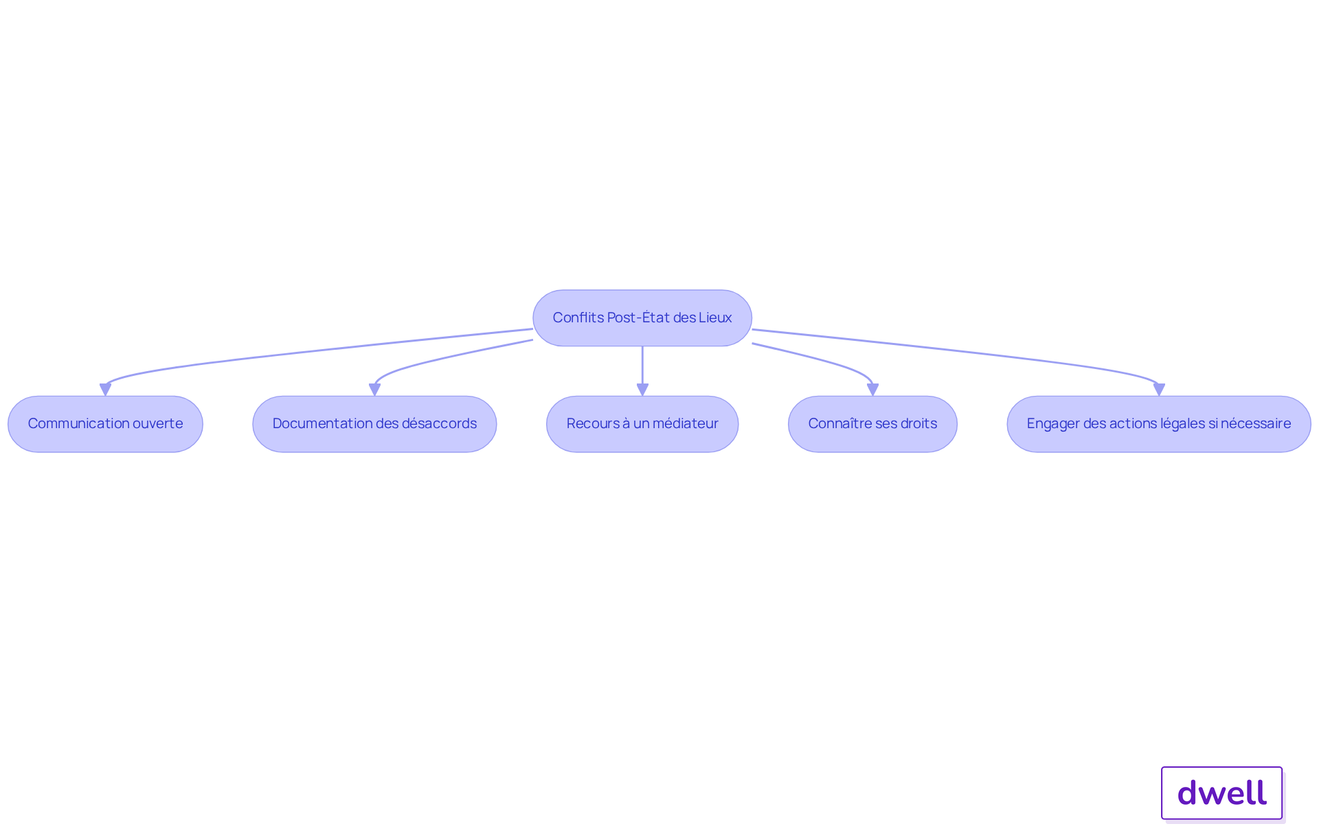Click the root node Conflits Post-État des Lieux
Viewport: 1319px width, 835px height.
642,318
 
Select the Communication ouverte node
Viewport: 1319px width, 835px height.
105,423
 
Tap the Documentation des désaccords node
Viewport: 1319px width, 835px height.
374,423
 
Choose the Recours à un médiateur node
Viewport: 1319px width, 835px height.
642,423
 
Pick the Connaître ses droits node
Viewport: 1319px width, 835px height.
872,423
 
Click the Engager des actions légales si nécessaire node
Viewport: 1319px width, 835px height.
1159,423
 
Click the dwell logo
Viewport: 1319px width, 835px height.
1222,793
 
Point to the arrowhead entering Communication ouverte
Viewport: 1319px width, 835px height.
105,390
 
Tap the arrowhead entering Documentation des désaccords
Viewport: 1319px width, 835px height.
374,390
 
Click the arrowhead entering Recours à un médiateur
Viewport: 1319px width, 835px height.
642,390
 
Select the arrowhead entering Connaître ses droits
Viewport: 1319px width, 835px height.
872,390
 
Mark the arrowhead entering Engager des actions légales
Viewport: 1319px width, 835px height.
1159,390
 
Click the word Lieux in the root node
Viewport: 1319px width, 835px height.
715,318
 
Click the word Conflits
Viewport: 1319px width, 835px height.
578,318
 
